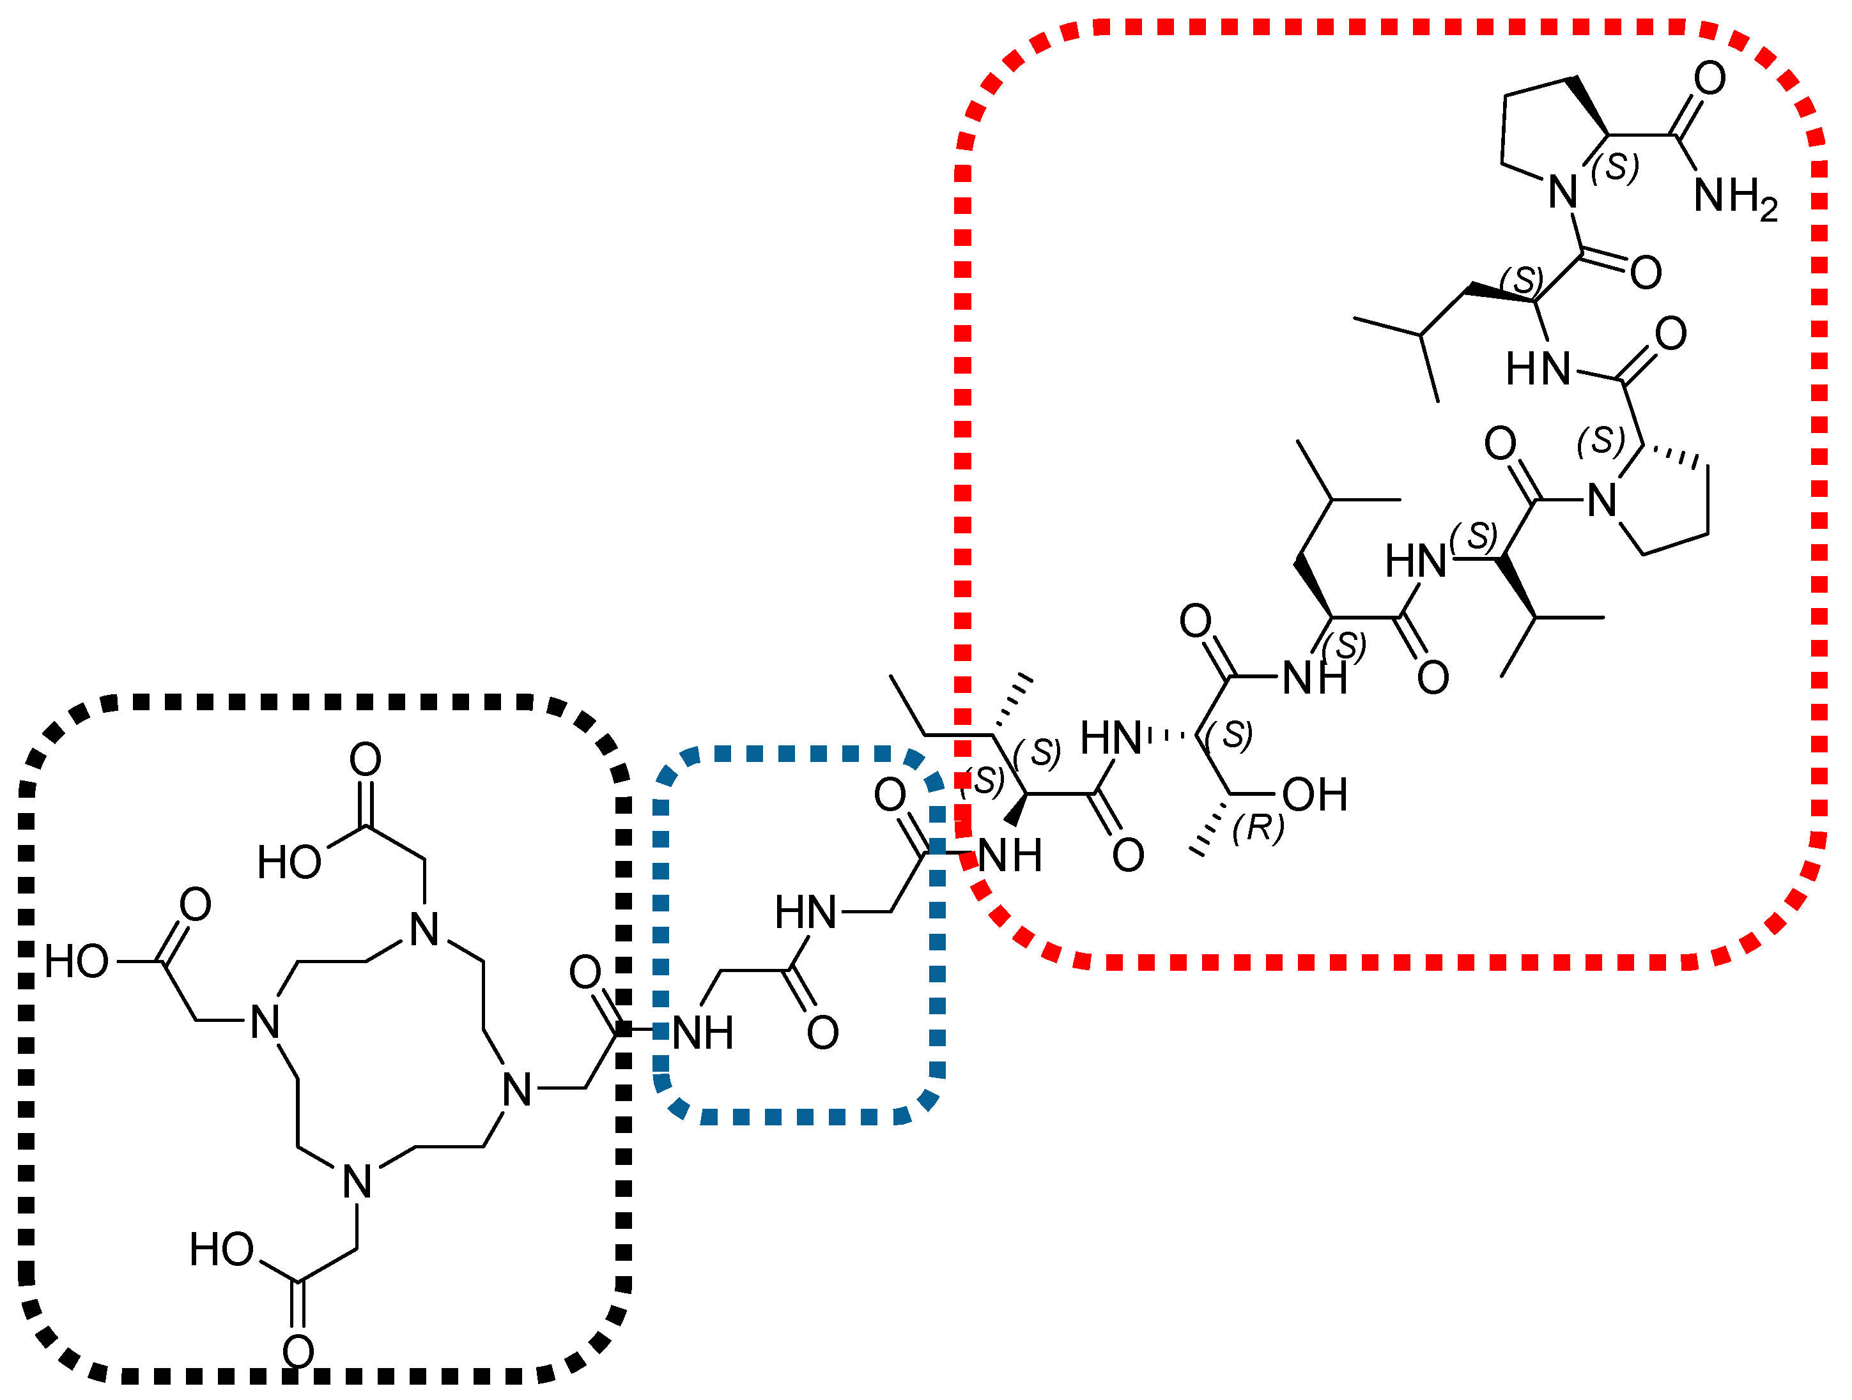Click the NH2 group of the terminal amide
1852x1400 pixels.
(x=1733, y=197)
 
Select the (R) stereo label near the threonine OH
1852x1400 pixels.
(x=1258, y=828)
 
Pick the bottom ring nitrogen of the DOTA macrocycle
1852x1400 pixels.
(x=357, y=1182)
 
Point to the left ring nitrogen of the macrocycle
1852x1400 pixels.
(x=265, y=1022)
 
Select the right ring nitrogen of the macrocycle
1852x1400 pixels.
(x=516, y=1090)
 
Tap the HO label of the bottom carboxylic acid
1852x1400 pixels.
(x=221, y=1249)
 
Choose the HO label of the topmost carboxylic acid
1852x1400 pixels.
(x=289, y=862)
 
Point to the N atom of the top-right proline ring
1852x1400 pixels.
(x=1563, y=192)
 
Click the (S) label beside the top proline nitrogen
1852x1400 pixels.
(x=1614, y=167)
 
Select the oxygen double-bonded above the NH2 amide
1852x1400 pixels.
(x=1709, y=78)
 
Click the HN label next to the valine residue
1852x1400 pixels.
(x=1415, y=560)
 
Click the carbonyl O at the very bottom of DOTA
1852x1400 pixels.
(x=298, y=1351)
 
